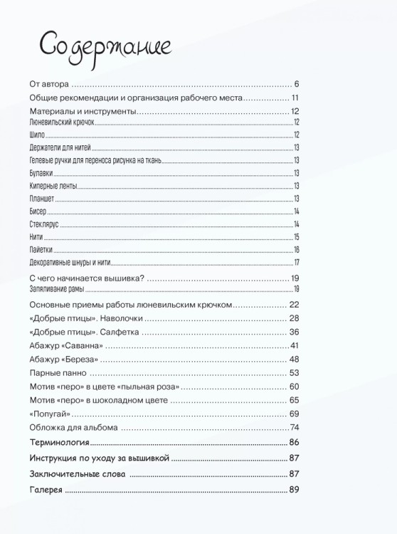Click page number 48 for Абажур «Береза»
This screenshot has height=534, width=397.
coord(294,359)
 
